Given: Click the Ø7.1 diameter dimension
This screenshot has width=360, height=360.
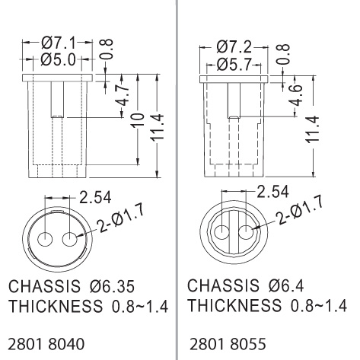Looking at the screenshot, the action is [x=59, y=43].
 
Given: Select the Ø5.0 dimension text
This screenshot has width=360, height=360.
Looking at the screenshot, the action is [x=58, y=60].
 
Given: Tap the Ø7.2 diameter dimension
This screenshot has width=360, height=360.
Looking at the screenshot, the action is [x=234, y=47].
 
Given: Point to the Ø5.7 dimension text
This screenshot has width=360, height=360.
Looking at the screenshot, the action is [x=234, y=65].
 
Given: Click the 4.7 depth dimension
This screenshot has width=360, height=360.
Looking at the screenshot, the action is [x=123, y=95].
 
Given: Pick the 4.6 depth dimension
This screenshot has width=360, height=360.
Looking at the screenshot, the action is [x=295, y=95].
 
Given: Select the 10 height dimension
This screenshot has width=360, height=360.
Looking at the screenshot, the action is [x=139, y=120].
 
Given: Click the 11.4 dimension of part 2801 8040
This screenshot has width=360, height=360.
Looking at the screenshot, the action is [x=158, y=127].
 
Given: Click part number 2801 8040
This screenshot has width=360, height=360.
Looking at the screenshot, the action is [x=46, y=344].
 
